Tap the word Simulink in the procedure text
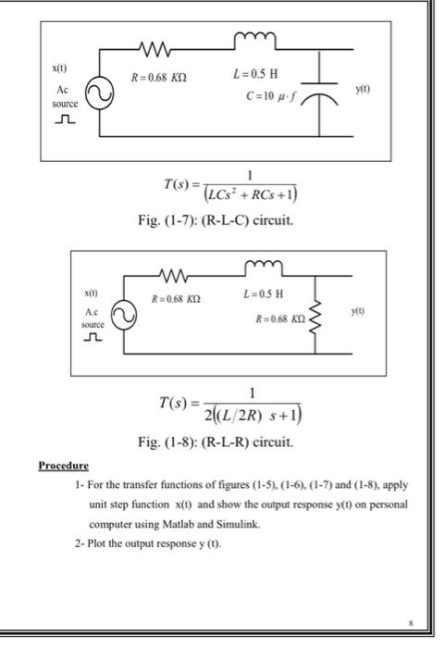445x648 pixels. (231, 523)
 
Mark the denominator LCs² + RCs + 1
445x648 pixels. (258, 193)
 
